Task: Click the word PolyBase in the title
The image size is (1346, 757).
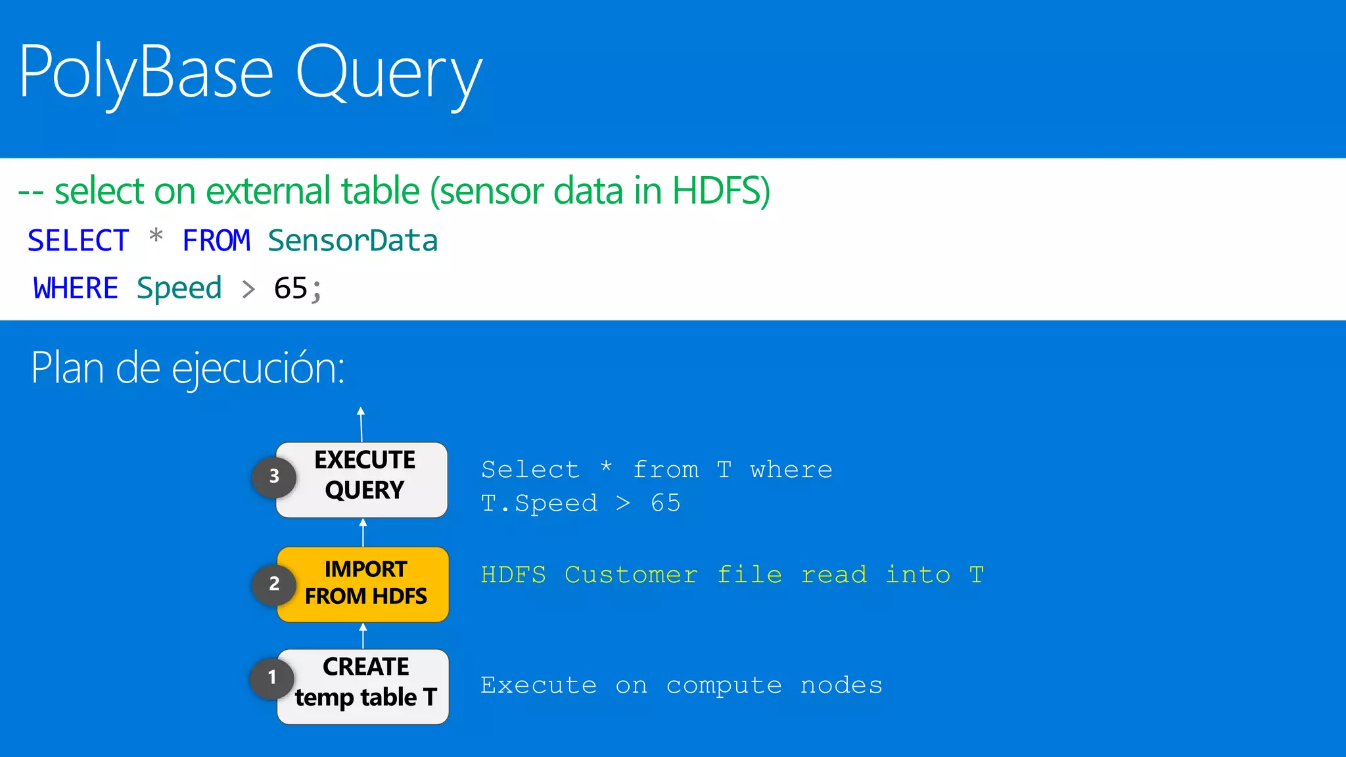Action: (146, 72)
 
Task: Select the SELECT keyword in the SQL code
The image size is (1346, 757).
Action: (78, 241)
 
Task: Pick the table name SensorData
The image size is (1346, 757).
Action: (353, 241)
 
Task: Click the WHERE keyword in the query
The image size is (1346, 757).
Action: (76, 288)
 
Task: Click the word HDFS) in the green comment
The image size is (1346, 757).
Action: (721, 191)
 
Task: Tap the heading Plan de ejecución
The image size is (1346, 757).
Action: (188, 368)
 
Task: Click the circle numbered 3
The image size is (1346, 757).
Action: (274, 476)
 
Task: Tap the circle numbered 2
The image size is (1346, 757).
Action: (274, 584)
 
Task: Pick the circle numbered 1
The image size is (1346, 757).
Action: (272, 677)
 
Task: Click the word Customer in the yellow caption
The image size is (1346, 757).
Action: (631, 575)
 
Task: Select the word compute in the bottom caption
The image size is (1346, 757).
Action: (724, 685)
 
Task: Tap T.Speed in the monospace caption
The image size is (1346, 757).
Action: (539, 503)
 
